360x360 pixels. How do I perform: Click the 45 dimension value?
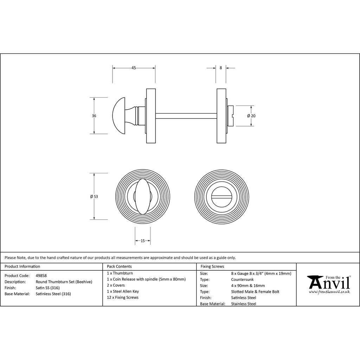(x=134, y=68)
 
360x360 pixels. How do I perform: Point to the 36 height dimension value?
(x=94, y=116)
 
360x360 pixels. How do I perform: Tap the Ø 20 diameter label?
(x=251, y=116)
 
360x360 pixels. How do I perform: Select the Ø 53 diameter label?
(x=94, y=197)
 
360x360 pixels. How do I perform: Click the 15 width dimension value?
(x=143, y=241)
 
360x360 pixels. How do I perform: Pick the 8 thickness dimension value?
(x=221, y=68)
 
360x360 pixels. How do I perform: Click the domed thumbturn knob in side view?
(x=119, y=116)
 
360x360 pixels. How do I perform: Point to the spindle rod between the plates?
(x=186, y=116)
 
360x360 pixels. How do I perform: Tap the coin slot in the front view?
(x=221, y=197)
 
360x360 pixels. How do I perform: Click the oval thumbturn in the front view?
(x=143, y=197)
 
